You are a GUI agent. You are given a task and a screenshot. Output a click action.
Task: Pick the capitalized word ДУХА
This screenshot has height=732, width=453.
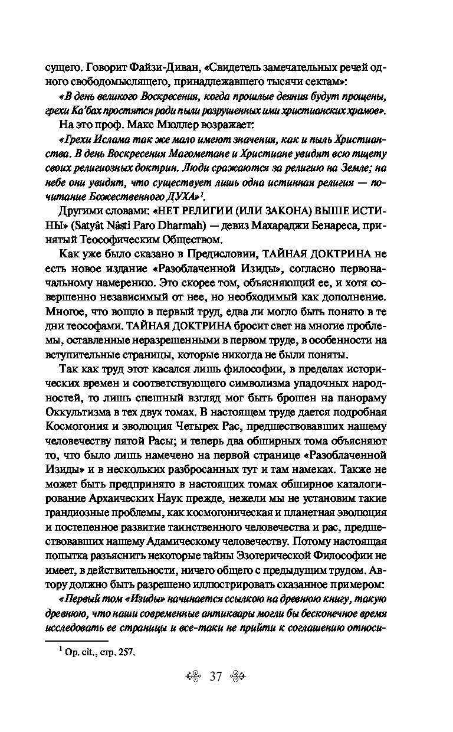179,196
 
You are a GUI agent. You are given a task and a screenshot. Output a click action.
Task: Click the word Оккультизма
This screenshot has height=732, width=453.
80,411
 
